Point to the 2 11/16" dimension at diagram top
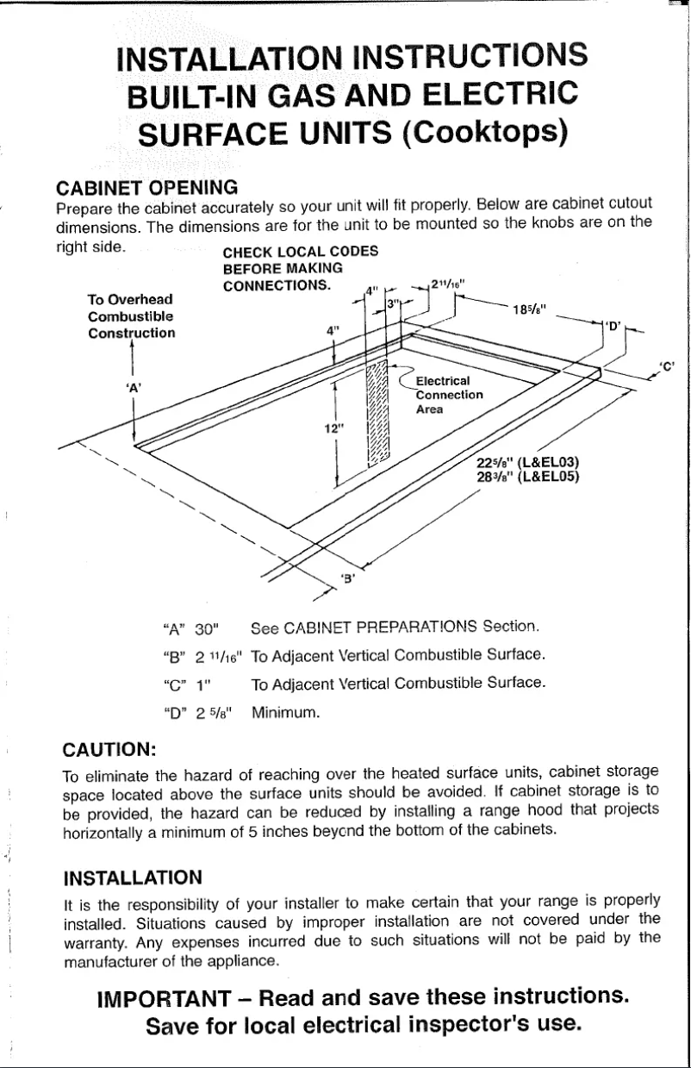[x=449, y=282]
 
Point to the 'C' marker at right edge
[x=666, y=365]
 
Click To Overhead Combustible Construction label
[x=132, y=315]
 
